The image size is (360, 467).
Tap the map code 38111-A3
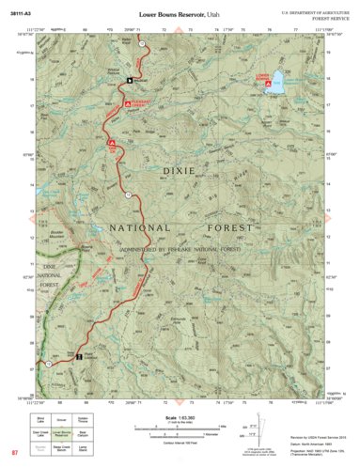(x=21, y=14)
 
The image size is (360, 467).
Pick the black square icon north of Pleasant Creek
(x=131, y=80)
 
